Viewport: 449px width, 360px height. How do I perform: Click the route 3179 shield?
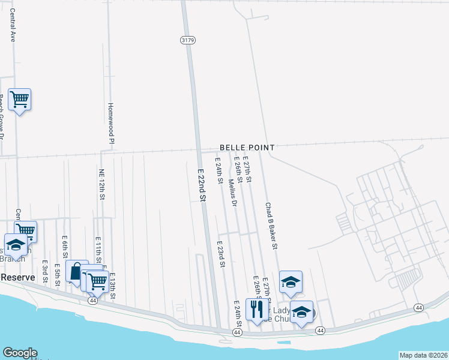[x=187, y=40]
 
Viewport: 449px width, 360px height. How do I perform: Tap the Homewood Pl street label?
[x=110, y=123]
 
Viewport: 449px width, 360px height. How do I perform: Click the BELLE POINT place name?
[x=247, y=148]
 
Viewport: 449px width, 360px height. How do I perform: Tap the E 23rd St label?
[x=221, y=254]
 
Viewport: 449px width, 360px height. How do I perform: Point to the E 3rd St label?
[x=45, y=272]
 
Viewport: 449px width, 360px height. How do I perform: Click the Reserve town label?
[x=17, y=277]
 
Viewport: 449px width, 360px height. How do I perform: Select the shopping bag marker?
[x=77, y=271]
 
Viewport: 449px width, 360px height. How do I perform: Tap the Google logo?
[x=19, y=353]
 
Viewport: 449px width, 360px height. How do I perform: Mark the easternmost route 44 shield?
[x=418, y=307]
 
